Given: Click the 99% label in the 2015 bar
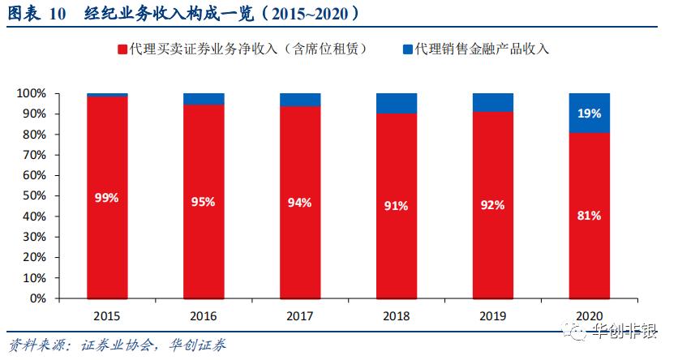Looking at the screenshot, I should [x=106, y=197].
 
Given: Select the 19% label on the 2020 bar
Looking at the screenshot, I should [x=589, y=114].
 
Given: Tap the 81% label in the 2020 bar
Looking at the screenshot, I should [x=589, y=216].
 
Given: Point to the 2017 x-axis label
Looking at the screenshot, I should [x=299, y=315].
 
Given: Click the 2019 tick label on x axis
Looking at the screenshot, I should [x=492, y=315].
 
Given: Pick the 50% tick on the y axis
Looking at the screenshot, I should [x=36, y=196].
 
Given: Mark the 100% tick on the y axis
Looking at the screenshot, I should [x=32, y=94].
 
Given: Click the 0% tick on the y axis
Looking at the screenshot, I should [x=39, y=298].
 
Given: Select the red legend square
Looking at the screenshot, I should [x=122, y=49].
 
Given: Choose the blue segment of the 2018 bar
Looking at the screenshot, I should [x=396, y=103].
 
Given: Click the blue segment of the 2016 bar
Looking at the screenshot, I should [x=203, y=99].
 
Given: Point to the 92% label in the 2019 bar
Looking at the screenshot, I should [x=492, y=205].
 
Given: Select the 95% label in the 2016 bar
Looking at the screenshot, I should [x=203, y=202].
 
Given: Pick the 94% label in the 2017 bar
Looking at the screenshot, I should [x=299, y=203].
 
